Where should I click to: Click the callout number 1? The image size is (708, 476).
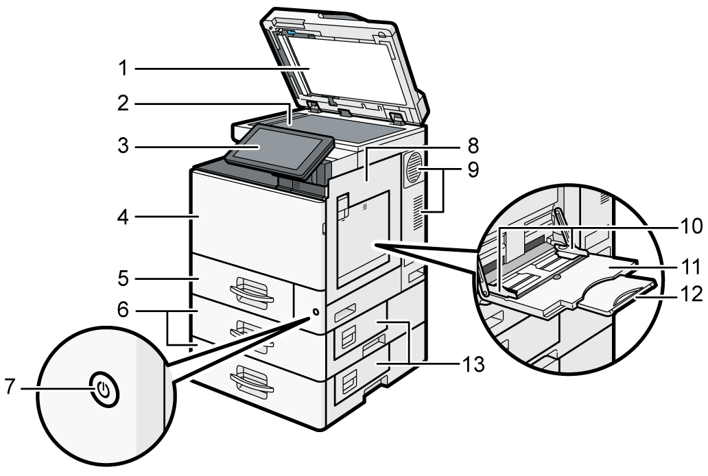123,69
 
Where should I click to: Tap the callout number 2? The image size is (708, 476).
123,104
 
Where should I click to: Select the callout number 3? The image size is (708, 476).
123,146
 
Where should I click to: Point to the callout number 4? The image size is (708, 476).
123,217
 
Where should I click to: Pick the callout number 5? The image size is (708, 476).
123,278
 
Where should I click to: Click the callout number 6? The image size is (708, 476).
123,310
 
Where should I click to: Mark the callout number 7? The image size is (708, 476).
11,387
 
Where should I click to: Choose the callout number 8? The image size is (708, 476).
473,146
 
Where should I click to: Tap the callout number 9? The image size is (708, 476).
473,170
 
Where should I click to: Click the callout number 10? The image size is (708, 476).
691,226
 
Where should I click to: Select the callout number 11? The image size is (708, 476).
691,266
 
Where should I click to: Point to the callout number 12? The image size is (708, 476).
691,294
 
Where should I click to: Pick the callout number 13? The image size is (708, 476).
473,364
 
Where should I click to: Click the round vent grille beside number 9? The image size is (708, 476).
413,167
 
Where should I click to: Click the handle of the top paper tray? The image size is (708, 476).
252,292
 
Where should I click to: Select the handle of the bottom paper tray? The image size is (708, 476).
252,381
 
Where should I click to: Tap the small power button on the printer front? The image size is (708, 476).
315,312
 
